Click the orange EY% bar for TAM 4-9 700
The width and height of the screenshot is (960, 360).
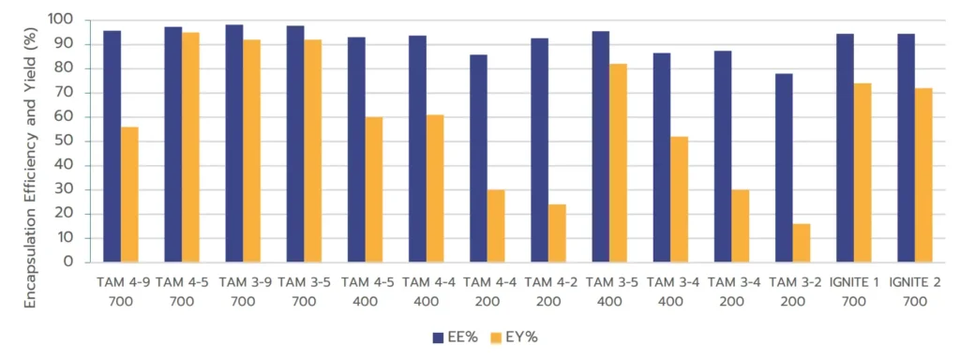tap(129, 194)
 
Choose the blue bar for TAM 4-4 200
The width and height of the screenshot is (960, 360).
tap(478, 158)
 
